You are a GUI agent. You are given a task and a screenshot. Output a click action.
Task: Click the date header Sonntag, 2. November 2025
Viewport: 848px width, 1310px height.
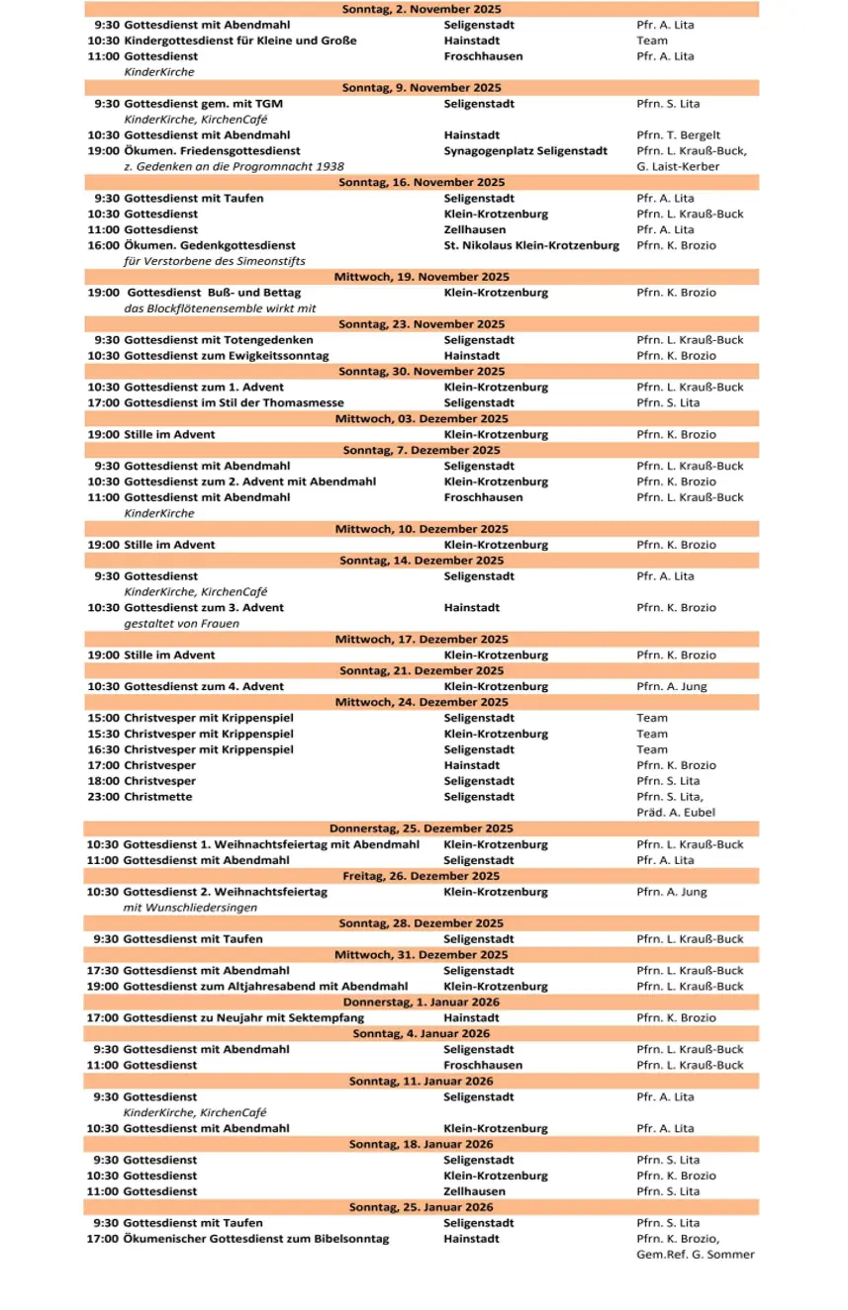[x=422, y=9]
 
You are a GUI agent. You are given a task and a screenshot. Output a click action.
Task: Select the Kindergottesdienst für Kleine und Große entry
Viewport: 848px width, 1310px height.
[x=240, y=41]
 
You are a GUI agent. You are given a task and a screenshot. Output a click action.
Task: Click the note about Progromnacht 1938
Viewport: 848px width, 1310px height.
[x=234, y=167]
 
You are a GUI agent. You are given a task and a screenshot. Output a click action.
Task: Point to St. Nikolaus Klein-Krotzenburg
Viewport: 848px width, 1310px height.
[x=531, y=245]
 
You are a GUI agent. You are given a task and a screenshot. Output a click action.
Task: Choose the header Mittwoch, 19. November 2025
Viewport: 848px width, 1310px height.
[x=422, y=277]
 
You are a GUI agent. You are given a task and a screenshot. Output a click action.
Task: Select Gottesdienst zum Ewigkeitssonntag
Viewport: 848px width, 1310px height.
[x=227, y=356]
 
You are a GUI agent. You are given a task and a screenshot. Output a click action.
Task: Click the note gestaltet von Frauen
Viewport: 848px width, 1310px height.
[x=181, y=624]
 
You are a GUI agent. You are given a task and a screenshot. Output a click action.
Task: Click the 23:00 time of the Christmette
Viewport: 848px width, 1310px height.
[x=103, y=797]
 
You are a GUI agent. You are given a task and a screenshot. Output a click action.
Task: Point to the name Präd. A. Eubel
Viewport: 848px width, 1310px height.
[x=676, y=813]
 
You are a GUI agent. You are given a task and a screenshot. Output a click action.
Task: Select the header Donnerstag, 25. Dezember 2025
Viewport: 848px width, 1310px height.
[x=422, y=829]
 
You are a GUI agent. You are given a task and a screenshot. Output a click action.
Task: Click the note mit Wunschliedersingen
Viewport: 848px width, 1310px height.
[x=190, y=908]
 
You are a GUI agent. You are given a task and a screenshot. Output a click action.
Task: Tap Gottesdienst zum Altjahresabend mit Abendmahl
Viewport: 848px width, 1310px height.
[x=265, y=986]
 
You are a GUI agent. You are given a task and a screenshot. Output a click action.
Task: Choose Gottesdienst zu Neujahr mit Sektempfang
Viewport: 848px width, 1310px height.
[x=243, y=1017]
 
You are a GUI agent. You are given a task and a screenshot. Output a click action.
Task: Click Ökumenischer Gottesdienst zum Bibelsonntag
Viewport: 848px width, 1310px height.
[x=256, y=1239]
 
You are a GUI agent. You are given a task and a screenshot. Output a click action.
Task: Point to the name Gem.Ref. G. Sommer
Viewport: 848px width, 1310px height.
[x=696, y=1255]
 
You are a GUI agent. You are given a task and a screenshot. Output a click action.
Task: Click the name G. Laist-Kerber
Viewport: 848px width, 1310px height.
[x=679, y=167]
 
